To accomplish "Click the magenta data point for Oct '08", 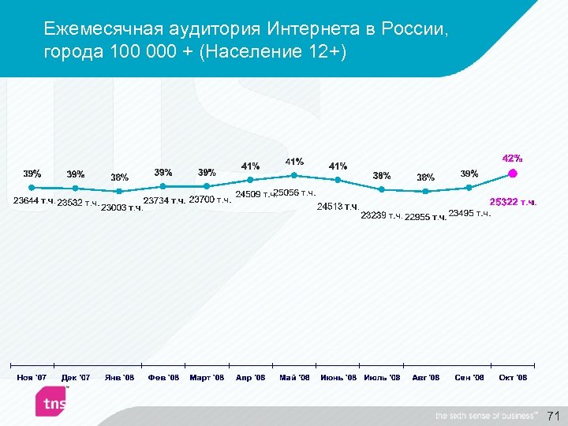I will point(512,174).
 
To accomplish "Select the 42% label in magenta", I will point(512,159).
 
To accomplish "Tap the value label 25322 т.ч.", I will point(514,202).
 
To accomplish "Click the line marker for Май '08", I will point(294,174).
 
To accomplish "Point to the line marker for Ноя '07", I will point(32,188).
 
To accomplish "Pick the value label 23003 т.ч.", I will point(122,207).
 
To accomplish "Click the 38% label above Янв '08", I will point(120,177).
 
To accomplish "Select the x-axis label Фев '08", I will point(163,378).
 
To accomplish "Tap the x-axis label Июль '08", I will point(382,378).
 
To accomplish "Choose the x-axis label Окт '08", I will point(513,378).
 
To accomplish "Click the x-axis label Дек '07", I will point(76,378).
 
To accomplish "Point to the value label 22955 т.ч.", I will point(425,217).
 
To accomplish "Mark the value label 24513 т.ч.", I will point(338,207).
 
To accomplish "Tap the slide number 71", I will point(552,415).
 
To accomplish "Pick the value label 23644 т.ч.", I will point(35,201).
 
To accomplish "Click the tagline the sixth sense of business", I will point(485,416).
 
